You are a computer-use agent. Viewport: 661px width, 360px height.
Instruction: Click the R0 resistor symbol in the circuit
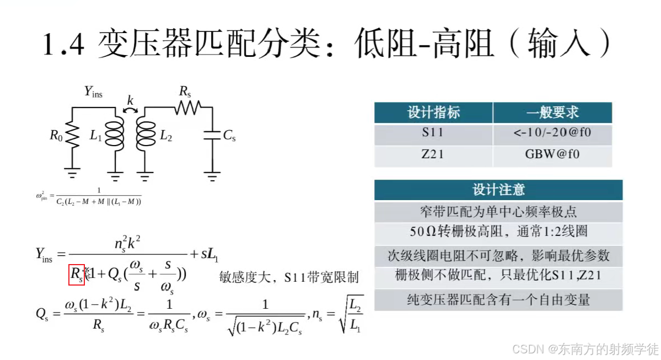(x=71, y=135)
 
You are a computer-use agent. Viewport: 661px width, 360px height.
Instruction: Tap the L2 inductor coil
(x=145, y=135)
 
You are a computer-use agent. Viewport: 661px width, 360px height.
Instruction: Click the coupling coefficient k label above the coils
(x=130, y=100)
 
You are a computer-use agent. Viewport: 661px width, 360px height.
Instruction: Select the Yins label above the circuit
(x=93, y=92)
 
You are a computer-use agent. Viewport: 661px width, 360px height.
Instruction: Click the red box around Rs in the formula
(x=76, y=275)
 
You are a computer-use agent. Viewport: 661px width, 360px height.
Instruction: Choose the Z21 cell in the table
(x=433, y=155)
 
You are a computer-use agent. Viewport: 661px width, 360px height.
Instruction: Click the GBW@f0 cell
(x=552, y=155)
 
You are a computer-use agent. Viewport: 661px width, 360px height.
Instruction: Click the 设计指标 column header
(x=433, y=113)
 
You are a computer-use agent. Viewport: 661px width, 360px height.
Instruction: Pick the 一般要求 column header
(x=552, y=113)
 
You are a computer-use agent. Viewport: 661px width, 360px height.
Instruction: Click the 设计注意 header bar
(x=498, y=190)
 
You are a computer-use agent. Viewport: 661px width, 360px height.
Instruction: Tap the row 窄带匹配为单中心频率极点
(x=498, y=212)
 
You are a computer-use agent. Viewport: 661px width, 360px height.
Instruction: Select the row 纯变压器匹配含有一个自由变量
(x=498, y=299)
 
